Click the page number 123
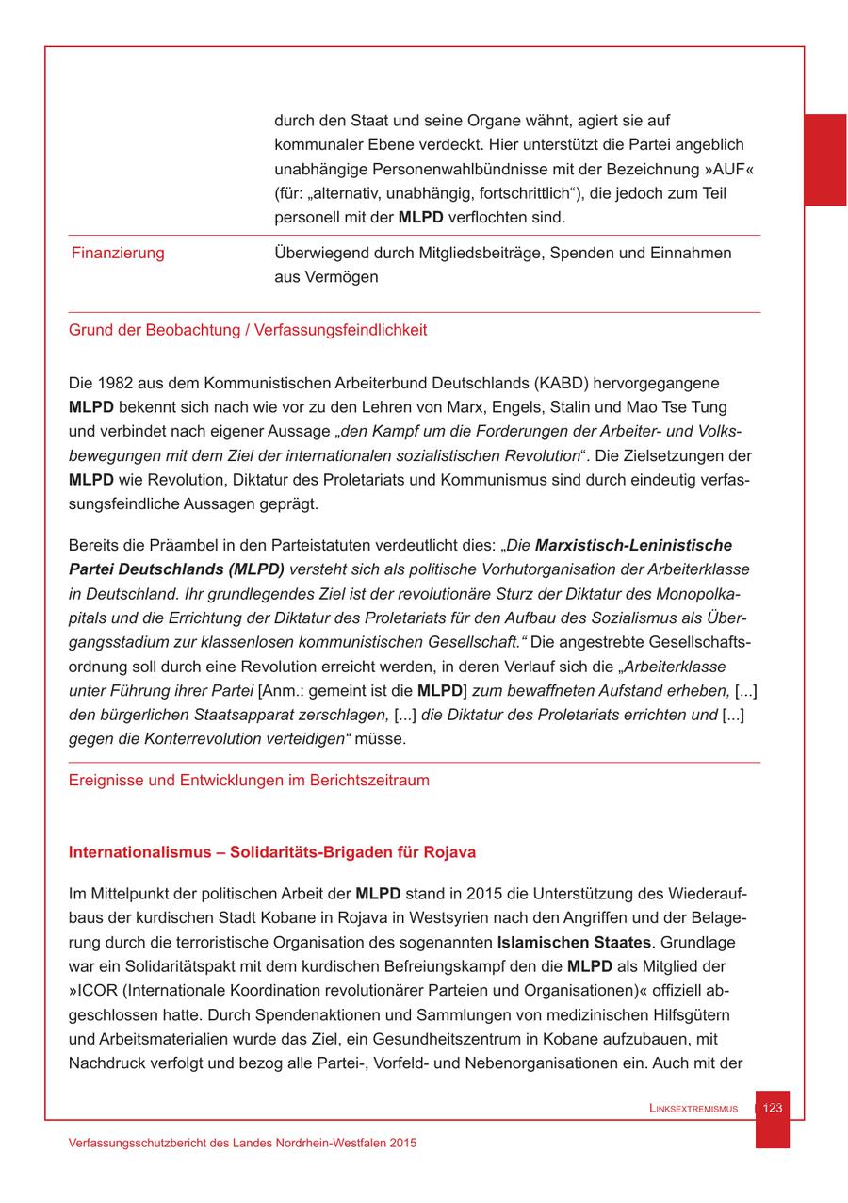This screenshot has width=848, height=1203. [772, 1108]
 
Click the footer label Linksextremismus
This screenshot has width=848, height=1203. [693, 1109]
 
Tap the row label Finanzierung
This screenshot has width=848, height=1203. [118, 253]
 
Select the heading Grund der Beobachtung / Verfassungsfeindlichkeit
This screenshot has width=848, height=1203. [248, 330]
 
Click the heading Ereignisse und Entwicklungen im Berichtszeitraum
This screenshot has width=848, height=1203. [249, 780]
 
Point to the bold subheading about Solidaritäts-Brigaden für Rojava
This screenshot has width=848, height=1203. [272, 852]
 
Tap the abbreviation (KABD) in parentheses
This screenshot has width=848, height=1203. [563, 383]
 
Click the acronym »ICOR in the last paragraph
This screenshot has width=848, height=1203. [94, 991]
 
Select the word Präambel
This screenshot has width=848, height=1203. [176, 545]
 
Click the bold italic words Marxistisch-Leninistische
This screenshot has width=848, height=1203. [633, 545]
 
